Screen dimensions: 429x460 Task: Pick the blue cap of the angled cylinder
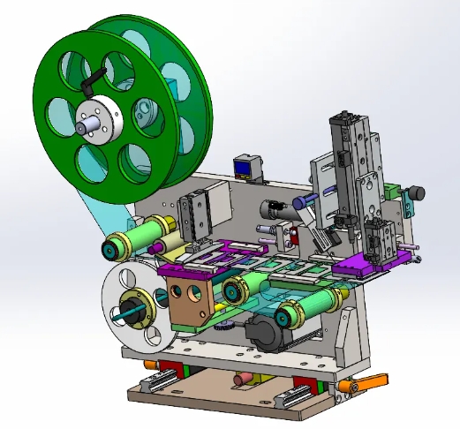point(298,202)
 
